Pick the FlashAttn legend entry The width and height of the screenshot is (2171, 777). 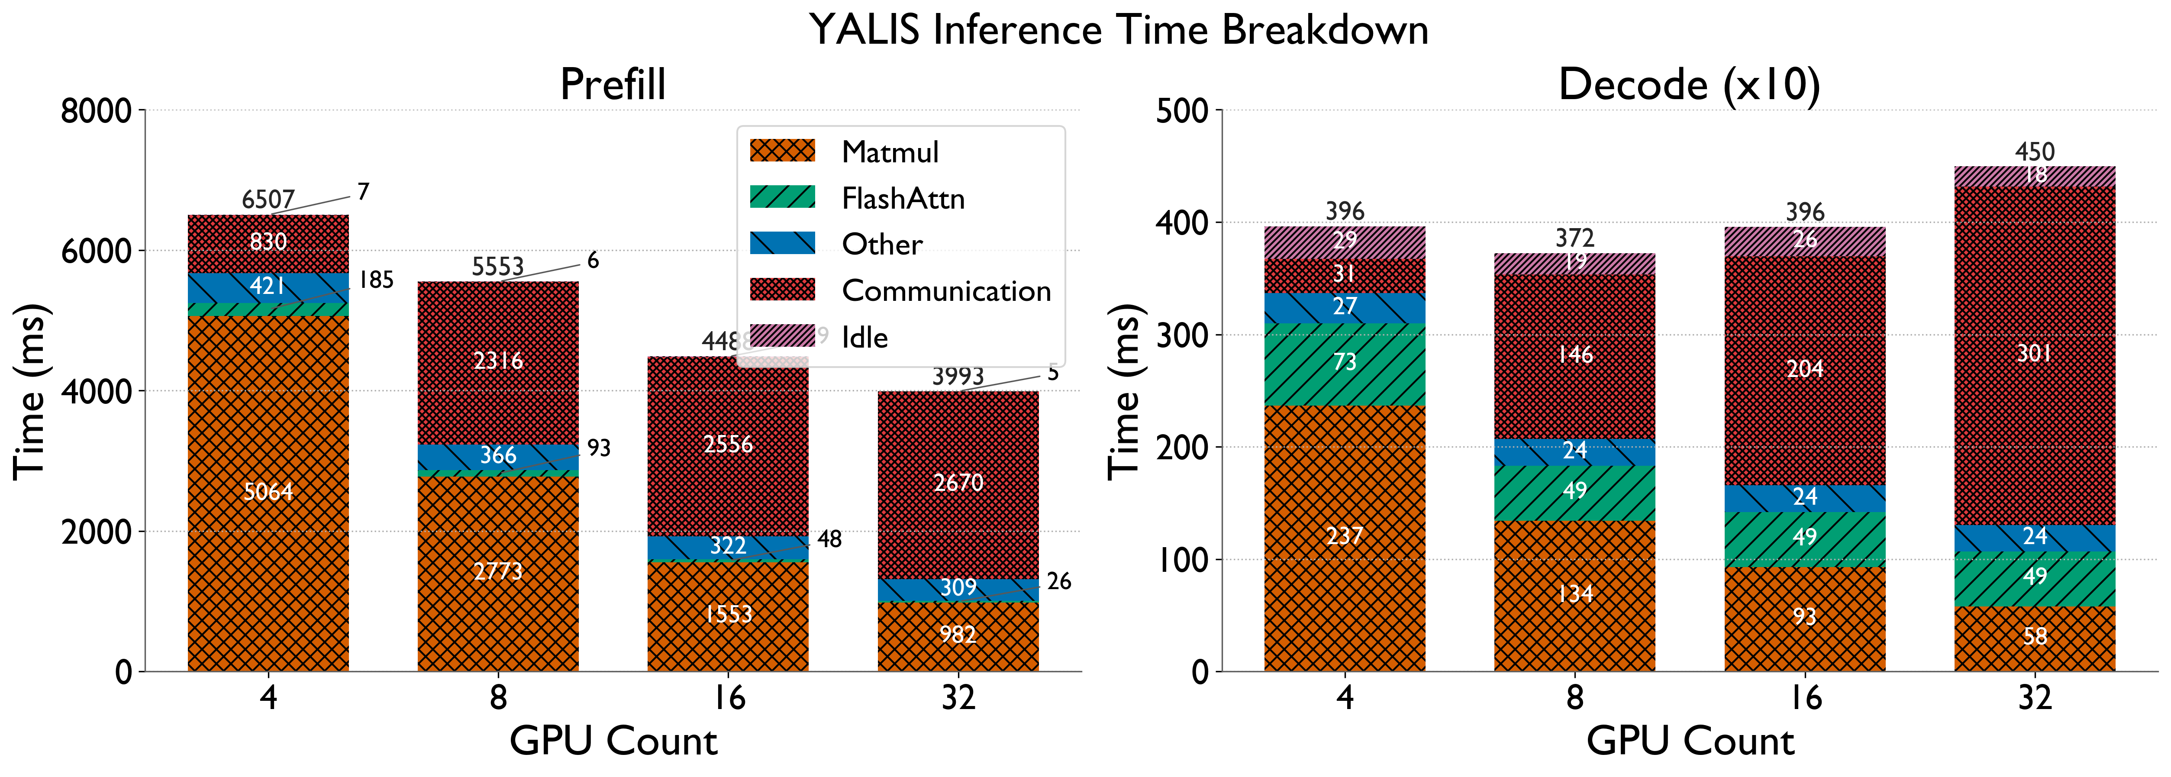click(x=903, y=199)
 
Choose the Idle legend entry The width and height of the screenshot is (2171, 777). click(x=865, y=337)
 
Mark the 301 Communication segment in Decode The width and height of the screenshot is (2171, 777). click(x=2035, y=354)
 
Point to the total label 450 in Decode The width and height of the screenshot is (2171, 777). click(x=2035, y=152)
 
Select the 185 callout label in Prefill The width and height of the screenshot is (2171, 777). click(x=376, y=280)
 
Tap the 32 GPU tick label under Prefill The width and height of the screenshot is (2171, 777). click(x=958, y=698)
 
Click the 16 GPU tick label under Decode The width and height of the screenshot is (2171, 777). click(x=1804, y=698)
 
